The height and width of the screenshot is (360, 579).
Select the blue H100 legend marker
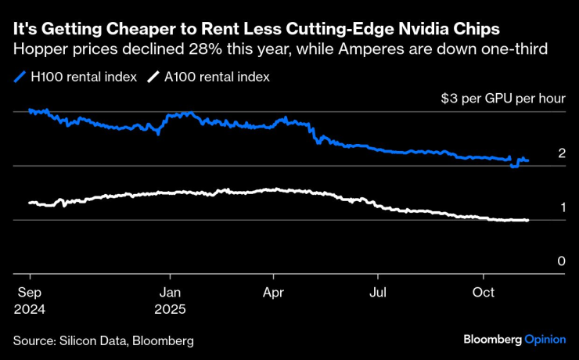click(x=20, y=77)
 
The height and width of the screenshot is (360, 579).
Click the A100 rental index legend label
click(x=215, y=77)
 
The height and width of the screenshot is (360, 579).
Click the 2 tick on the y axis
click(x=562, y=153)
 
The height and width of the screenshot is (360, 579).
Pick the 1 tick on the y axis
click(x=562, y=207)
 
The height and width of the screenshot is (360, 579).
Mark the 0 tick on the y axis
click(x=562, y=261)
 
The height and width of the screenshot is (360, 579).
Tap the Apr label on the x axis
click(x=273, y=293)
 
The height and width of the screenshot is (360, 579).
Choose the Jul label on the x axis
click(x=378, y=293)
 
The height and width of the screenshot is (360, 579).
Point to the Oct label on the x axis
click(x=483, y=293)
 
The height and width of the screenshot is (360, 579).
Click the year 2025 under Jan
click(x=170, y=309)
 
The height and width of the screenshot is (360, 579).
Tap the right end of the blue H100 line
click(x=527, y=160)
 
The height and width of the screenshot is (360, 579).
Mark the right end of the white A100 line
click(x=527, y=220)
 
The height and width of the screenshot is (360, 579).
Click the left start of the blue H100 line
click(x=30, y=110)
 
